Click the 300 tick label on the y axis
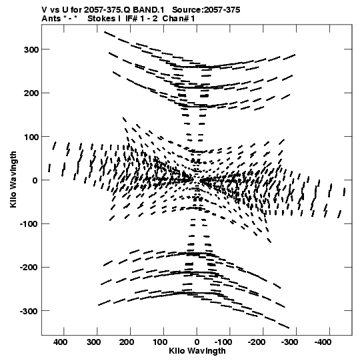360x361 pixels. click(x=31, y=50)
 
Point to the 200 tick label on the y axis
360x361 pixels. click(x=31, y=93)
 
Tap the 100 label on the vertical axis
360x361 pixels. click(x=31, y=137)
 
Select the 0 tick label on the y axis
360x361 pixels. click(x=35, y=180)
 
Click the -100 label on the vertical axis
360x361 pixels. click(x=29, y=224)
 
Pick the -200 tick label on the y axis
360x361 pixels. click(x=29, y=268)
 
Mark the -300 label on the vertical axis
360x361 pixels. click(x=29, y=311)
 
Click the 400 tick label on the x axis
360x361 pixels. click(x=61, y=342)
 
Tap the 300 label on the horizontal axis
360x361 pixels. click(x=94, y=342)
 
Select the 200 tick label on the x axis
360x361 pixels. click(x=127, y=342)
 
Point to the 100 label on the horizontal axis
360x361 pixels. click(x=160, y=342)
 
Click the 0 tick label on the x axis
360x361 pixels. click(x=197, y=342)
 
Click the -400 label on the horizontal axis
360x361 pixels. click(x=323, y=342)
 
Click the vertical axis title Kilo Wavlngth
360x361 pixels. click(x=13, y=179)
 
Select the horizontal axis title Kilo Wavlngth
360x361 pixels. click(x=197, y=351)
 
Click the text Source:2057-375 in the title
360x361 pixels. click(x=206, y=10)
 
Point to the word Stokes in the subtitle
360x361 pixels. click(x=101, y=19)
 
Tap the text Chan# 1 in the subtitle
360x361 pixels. click(x=179, y=19)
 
